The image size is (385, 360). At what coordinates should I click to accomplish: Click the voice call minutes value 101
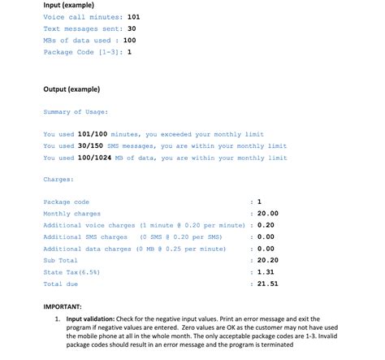pos(134,17)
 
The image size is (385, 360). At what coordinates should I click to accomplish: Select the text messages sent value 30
pos(132,28)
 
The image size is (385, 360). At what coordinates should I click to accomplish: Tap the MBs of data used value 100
pos(130,40)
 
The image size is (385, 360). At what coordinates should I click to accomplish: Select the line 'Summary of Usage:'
pos(76,112)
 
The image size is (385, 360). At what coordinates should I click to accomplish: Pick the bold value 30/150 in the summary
pos(89,146)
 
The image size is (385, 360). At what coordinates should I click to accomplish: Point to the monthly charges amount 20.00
pos(267,214)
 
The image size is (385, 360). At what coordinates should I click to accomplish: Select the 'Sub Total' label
pos(61,260)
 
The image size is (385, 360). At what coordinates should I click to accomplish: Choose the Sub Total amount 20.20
pos(267,260)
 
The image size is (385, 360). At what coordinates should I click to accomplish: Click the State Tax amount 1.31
pos(265,272)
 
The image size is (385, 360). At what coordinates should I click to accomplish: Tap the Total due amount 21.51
pos(267,284)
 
